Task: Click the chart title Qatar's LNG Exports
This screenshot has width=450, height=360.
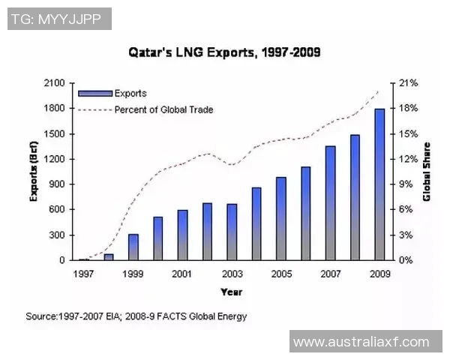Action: (224, 52)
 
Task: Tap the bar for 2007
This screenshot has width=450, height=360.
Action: (330, 203)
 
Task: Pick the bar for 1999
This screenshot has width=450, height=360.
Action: (133, 247)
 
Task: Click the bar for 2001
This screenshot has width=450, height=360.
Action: (182, 235)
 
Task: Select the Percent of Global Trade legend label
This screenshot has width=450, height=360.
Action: (163, 109)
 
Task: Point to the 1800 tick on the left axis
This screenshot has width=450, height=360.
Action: (54, 109)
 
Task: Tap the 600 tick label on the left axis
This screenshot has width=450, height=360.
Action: (57, 210)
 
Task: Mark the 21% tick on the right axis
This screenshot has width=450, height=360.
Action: (407, 83)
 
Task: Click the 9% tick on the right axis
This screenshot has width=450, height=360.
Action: (405, 184)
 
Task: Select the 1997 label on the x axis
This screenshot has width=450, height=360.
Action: (83, 274)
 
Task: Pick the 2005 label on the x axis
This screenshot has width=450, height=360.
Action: (281, 274)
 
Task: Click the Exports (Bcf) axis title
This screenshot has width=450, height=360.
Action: (34, 172)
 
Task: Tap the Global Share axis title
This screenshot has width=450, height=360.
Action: (427, 172)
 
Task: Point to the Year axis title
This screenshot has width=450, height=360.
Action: (231, 291)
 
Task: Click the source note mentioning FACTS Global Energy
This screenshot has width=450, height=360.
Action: (136, 316)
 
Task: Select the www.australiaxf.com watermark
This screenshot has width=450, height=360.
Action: (361, 342)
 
